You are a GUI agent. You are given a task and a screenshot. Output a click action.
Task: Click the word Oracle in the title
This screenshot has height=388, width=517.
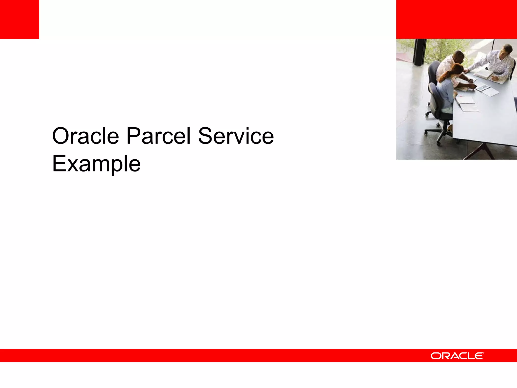85,136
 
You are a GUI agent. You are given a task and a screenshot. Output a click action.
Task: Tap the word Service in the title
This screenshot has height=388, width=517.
236,136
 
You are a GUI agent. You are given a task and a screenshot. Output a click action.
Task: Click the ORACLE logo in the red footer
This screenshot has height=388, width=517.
457,356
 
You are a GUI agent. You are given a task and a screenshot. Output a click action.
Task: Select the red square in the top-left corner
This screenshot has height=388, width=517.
19,19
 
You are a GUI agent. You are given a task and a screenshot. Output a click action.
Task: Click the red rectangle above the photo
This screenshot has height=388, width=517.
456,19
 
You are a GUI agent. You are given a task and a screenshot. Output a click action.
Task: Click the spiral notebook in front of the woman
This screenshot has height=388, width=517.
466,100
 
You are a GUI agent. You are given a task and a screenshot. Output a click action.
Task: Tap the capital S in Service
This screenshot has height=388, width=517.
205,136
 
